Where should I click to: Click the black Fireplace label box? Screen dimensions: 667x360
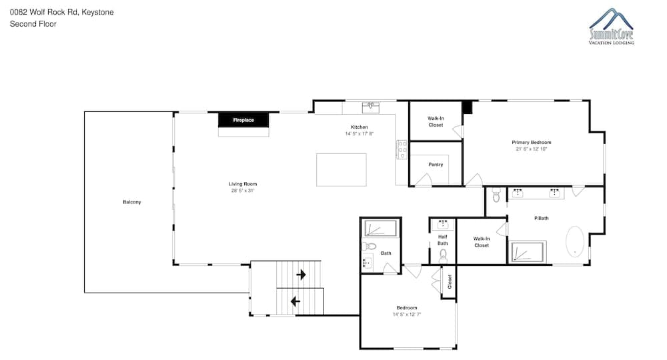click(x=243, y=120)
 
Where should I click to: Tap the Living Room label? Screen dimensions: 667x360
click(x=243, y=184)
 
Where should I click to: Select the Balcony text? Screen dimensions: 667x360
click(x=132, y=202)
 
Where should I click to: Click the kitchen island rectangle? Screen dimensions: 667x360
click(x=341, y=169)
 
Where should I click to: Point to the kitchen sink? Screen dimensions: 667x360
click(x=370, y=107)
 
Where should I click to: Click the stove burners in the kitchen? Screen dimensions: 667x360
click(x=402, y=150)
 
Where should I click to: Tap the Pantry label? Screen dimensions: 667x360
click(x=436, y=165)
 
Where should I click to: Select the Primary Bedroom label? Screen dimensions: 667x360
click(x=532, y=143)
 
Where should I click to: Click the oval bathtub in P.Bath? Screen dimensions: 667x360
click(x=575, y=241)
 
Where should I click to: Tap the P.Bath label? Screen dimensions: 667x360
click(x=541, y=218)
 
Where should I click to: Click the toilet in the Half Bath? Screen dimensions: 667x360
click(x=444, y=256)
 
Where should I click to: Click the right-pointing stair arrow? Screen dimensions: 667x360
click(x=301, y=275)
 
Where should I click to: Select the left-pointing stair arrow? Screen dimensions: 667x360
click(x=295, y=302)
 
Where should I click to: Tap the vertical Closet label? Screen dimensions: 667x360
click(x=450, y=281)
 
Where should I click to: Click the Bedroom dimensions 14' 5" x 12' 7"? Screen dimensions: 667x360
click(x=407, y=315)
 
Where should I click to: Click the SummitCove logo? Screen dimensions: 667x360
click(x=611, y=27)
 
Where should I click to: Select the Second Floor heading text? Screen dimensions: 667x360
click(x=33, y=24)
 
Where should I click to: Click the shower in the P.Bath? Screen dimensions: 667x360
click(x=528, y=251)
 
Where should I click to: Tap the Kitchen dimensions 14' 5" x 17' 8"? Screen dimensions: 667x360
click(x=360, y=134)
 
